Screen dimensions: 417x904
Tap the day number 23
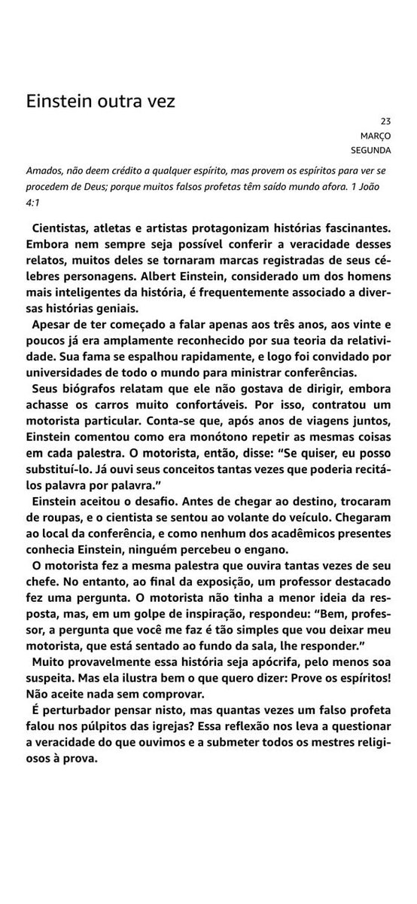point(386,121)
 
